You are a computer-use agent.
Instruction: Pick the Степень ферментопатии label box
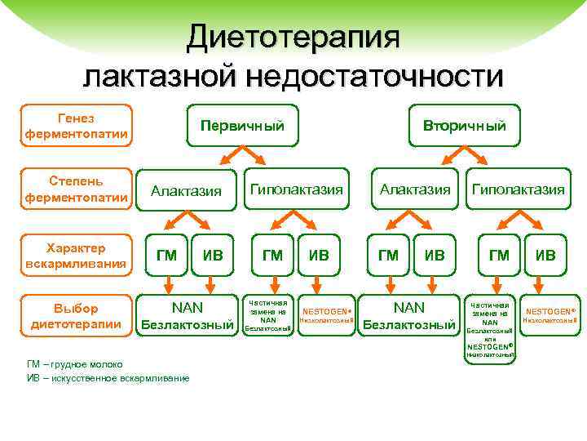point(76,189)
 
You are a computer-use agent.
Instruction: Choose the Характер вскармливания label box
point(76,254)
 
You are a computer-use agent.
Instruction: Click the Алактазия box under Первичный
point(186,190)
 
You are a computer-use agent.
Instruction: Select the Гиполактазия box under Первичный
point(296,189)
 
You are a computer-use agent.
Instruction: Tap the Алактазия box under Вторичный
point(414,189)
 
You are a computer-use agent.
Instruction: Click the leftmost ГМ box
point(166,255)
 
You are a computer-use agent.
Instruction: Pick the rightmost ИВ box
point(545,255)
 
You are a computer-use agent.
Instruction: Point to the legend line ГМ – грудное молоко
point(75,364)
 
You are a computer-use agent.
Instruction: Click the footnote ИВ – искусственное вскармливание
point(108,378)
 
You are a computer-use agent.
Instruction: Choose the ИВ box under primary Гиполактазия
point(319,255)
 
